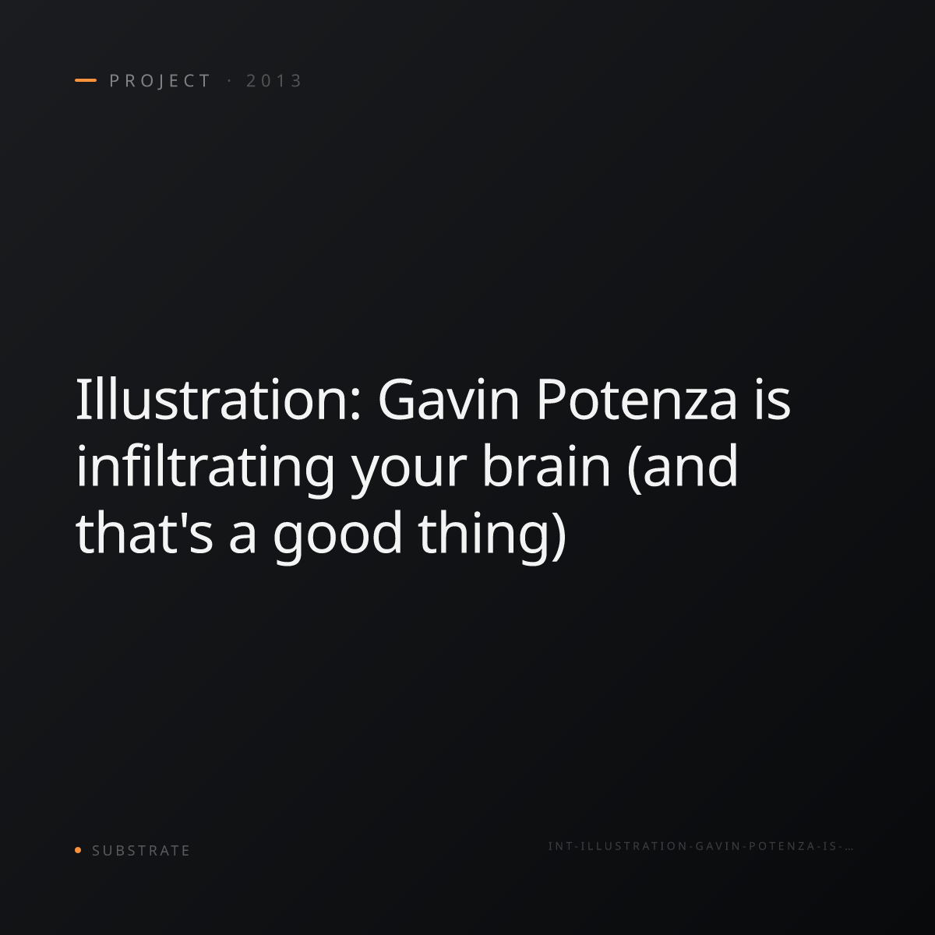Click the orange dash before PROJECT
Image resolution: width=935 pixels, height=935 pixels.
(x=86, y=80)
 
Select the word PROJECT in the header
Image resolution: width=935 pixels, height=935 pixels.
(x=160, y=81)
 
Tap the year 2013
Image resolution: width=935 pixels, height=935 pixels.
(x=273, y=81)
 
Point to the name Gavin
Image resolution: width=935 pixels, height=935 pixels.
(x=448, y=400)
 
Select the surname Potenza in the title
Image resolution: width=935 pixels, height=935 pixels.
(x=637, y=400)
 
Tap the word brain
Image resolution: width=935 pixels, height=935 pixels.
(x=546, y=466)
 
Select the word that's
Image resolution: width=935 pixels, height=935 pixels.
(x=144, y=532)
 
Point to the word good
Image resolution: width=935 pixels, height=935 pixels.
(x=337, y=535)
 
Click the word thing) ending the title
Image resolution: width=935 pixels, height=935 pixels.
(x=492, y=535)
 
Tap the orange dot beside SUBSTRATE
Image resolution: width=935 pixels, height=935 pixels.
(x=78, y=849)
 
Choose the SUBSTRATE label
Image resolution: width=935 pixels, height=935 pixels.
(x=141, y=851)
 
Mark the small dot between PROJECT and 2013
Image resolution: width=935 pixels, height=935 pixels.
(x=229, y=81)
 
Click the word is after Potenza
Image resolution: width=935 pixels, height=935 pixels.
(x=772, y=400)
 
